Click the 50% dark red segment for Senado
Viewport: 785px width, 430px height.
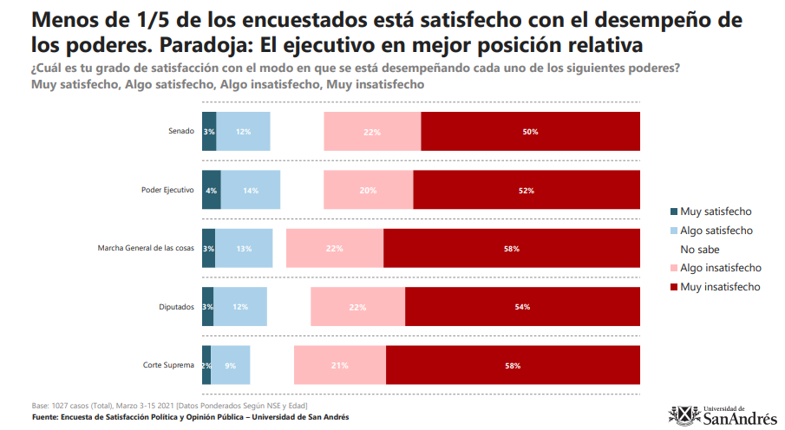pyautogui.click(x=530, y=132)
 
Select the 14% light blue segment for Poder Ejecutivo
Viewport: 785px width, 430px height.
pyautogui.click(x=251, y=190)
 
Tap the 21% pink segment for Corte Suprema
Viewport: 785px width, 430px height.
pyautogui.click(x=340, y=365)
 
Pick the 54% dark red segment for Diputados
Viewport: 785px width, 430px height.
pyautogui.click(x=522, y=306)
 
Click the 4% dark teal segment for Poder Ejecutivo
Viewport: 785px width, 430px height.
pyautogui.click(x=211, y=190)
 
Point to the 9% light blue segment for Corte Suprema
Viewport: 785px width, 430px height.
pyautogui.click(x=231, y=365)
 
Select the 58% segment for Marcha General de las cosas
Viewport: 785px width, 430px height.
pyautogui.click(x=511, y=249)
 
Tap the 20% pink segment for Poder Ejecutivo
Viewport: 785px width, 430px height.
pyautogui.click(x=368, y=190)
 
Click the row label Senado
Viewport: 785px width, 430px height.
pyautogui.click(x=180, y=132)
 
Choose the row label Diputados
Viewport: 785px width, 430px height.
pyautogui.click(x=176, y=307)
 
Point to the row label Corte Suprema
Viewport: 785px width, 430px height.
pyautogui.click(x=171, y=365)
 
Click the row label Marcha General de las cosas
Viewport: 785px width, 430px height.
pyautogui.click(x=145, y=249)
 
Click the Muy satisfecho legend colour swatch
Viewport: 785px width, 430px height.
pyautogui.click(x=674, y=212)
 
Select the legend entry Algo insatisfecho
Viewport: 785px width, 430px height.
pyautogui.click(x=720, y=268)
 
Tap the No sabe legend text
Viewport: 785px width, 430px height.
pyautogui.click(x=700, y=250)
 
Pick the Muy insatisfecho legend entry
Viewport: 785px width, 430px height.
pyautogui.click(x=720, y=287)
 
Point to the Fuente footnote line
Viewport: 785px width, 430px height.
pyautogui.click(x=190, y=417)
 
